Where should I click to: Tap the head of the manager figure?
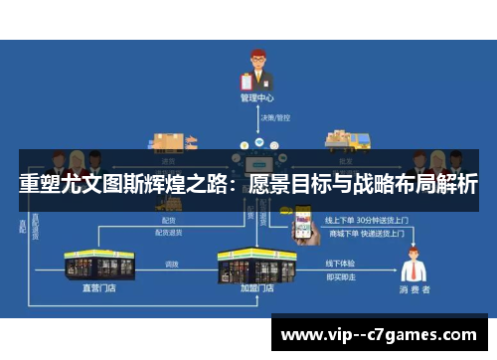(x=255, y=57)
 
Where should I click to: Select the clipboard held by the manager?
(x=248, y=82)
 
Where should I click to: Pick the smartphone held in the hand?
(x=303, y=219)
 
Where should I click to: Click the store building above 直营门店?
(x=98, y=265)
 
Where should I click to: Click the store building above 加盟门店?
(x=256, y=263)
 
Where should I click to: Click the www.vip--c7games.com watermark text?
(x=379, y=335)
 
